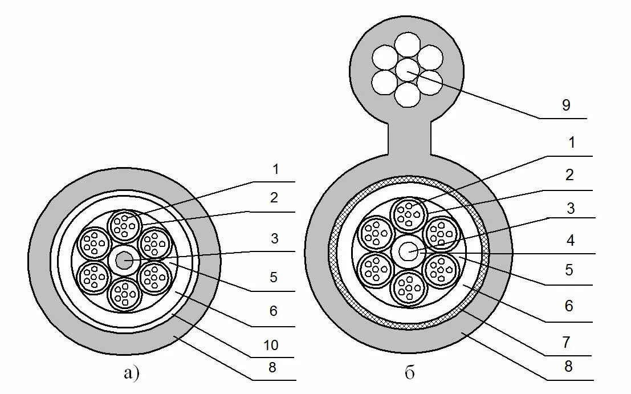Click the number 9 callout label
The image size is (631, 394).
[x=565, y=105]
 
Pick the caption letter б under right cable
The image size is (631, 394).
[x=409, y=373]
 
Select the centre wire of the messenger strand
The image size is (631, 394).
[x=407, y=71]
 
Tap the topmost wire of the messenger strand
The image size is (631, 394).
[x=407, y=46]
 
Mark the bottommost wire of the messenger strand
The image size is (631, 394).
[x=407, y=95]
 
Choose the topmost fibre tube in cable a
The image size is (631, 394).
[x=124, y=224]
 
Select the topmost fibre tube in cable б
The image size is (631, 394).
[x=409, y=213]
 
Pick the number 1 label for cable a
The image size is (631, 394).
[x=275, y=169]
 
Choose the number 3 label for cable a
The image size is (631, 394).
[x=274, y=238]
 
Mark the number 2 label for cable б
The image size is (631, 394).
[x=568, y=175]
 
